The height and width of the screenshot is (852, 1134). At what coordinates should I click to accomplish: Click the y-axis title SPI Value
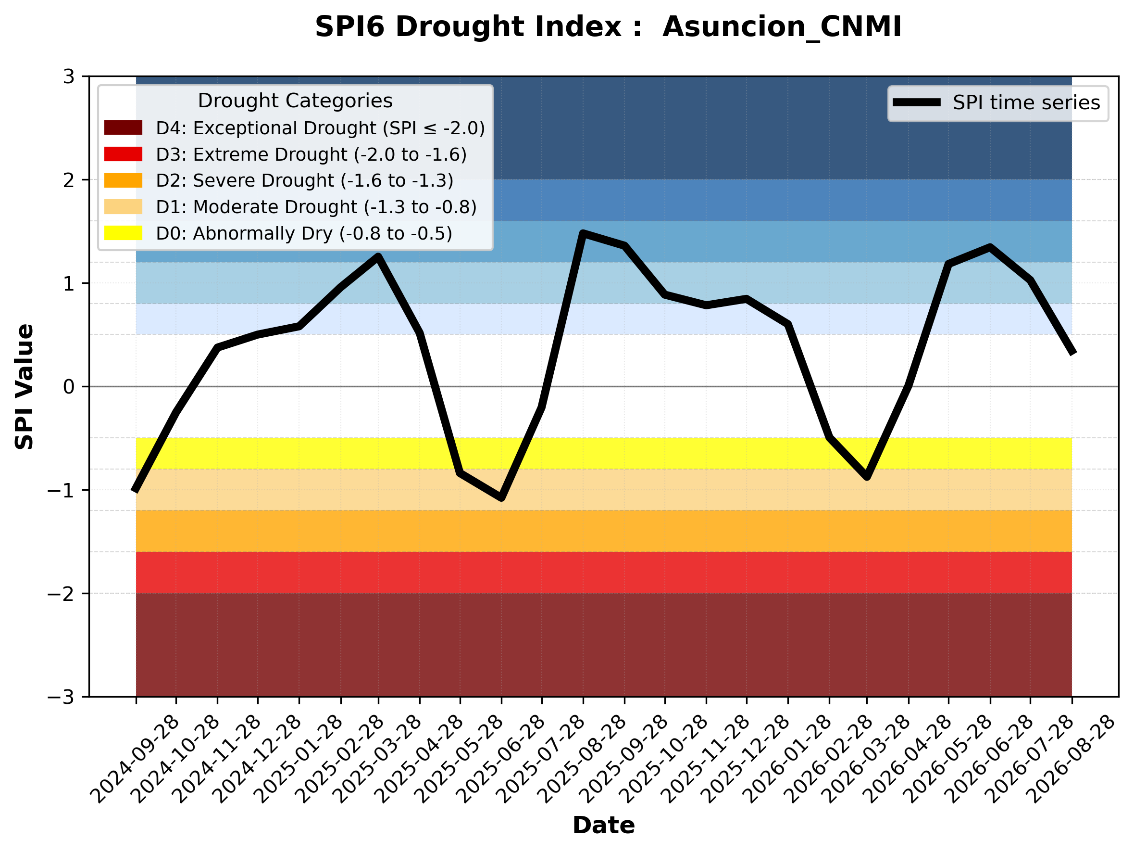24,387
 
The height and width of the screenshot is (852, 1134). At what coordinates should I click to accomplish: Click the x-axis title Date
603,826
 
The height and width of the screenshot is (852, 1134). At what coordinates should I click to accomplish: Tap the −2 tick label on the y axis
61,594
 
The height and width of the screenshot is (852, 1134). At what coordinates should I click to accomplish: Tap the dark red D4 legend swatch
123,127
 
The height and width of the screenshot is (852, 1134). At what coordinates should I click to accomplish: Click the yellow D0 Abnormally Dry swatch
123,233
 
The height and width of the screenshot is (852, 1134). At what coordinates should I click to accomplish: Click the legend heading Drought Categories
295,101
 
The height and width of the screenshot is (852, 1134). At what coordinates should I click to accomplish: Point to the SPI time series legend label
1026,102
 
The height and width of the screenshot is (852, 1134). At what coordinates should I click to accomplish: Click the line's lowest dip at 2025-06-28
501,497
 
